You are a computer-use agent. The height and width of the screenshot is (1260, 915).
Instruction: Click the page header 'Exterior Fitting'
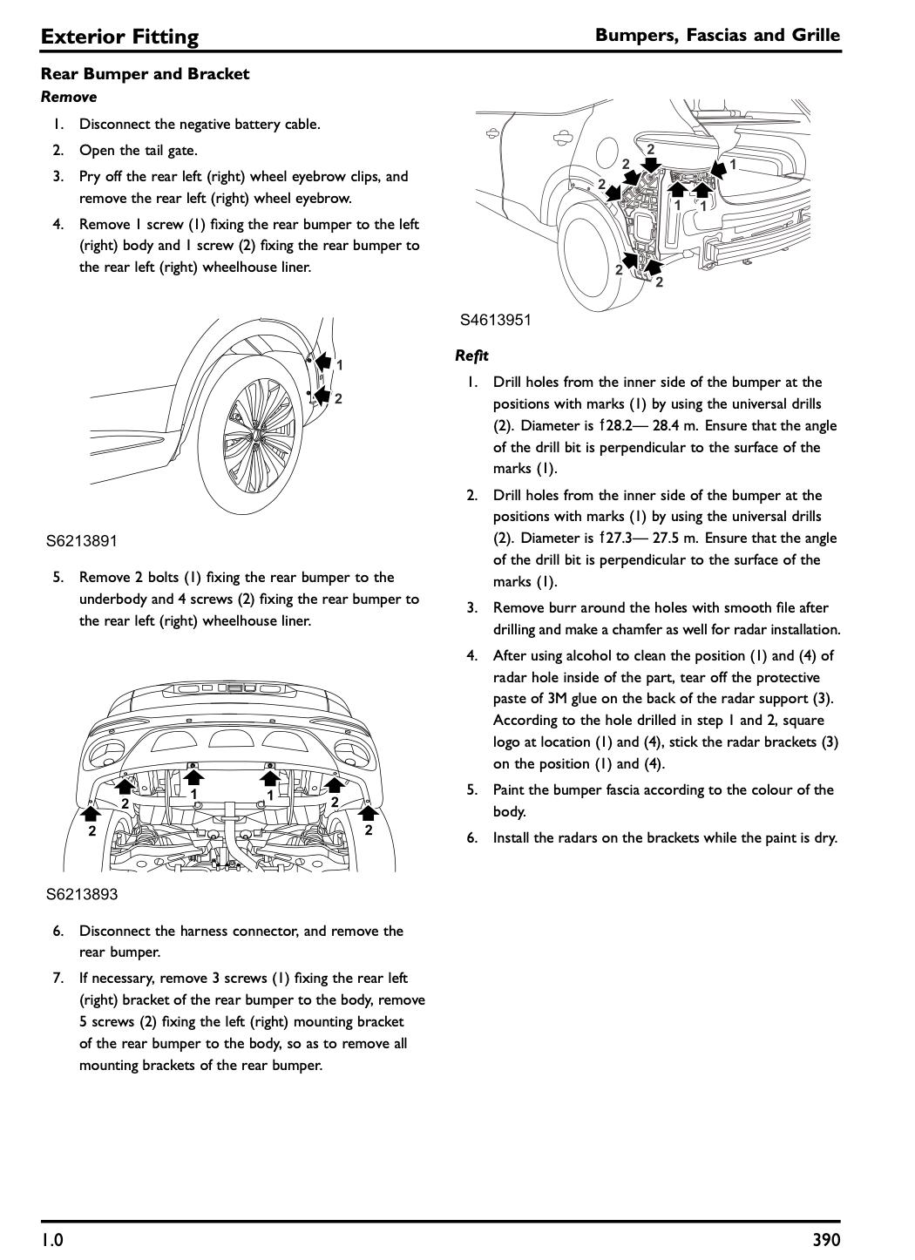119,37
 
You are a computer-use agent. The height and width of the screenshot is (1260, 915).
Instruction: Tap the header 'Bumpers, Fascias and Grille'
717,35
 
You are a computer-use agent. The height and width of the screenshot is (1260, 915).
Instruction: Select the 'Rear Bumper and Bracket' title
145,74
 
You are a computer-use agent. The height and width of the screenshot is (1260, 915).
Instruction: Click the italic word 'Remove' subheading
69,97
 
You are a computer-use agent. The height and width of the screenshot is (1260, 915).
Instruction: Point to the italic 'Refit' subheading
471,356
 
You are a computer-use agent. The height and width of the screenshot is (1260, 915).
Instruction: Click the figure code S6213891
81,541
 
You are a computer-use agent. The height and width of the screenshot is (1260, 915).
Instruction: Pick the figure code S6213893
81,895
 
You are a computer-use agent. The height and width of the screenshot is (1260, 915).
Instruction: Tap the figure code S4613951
495,320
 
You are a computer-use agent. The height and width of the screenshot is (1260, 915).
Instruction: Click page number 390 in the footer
825,1240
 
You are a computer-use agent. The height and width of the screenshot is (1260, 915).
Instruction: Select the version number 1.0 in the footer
52,1240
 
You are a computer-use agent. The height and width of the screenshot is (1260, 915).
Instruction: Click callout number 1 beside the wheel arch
339,365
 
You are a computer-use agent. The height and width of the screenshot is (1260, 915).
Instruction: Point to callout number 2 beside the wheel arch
338,399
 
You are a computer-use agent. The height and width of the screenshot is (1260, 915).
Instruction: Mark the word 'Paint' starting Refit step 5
510,790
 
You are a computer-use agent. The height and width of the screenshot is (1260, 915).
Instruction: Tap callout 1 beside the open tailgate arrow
733,164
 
